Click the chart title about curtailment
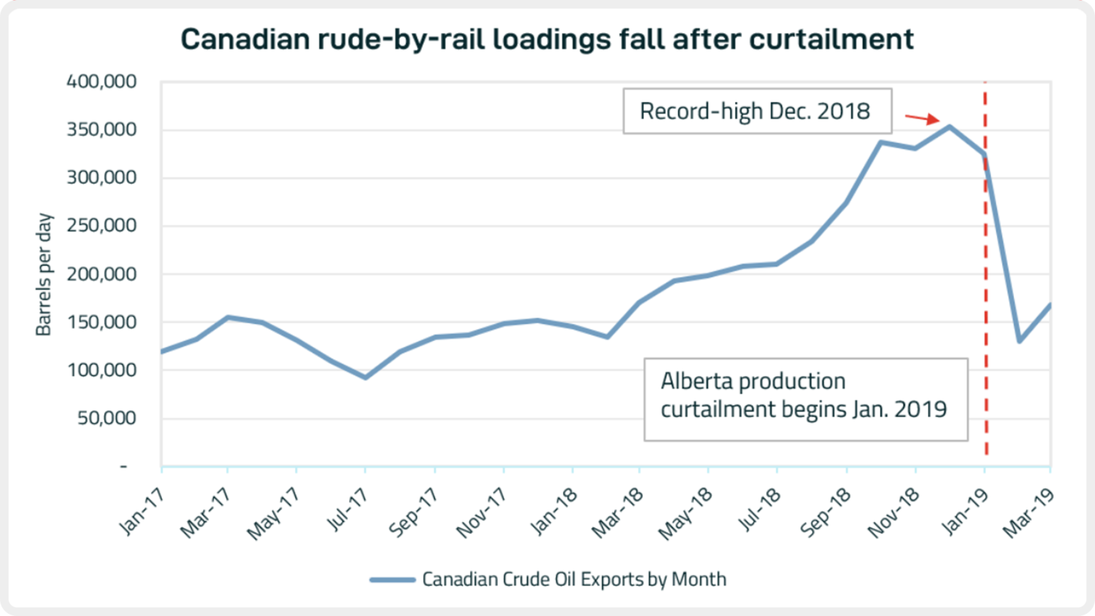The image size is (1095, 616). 547,39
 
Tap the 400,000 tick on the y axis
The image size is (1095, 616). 101,82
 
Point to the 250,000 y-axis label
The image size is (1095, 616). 101,226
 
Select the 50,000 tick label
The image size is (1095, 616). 107,418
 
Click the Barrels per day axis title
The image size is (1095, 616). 44,274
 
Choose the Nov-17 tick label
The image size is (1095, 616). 482,513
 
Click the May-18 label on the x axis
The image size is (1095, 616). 685,514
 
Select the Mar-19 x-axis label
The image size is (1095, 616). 1028,513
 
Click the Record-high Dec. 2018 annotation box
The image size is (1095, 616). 757,111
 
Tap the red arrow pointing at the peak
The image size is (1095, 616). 922,118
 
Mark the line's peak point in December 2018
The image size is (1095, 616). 949,127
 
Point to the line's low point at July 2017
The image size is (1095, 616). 365,377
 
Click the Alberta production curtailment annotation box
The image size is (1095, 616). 806,399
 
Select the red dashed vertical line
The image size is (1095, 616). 985,268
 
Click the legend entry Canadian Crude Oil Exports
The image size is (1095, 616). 575,580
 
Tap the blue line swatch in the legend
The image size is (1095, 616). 393,580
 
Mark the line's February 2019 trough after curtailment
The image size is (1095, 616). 1019,342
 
